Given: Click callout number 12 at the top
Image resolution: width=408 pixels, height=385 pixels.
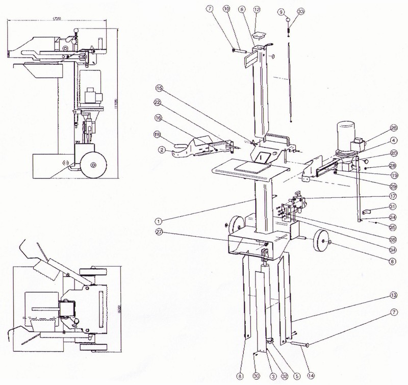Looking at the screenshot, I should [257, 10].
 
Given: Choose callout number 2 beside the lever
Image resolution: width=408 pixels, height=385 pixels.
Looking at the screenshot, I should [161, 149].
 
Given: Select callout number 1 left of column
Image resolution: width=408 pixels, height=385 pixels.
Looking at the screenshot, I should [159, 221].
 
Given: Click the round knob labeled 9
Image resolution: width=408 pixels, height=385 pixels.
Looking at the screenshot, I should [288, 19].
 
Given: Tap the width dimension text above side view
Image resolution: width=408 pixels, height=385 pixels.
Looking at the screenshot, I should [58, 19].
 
